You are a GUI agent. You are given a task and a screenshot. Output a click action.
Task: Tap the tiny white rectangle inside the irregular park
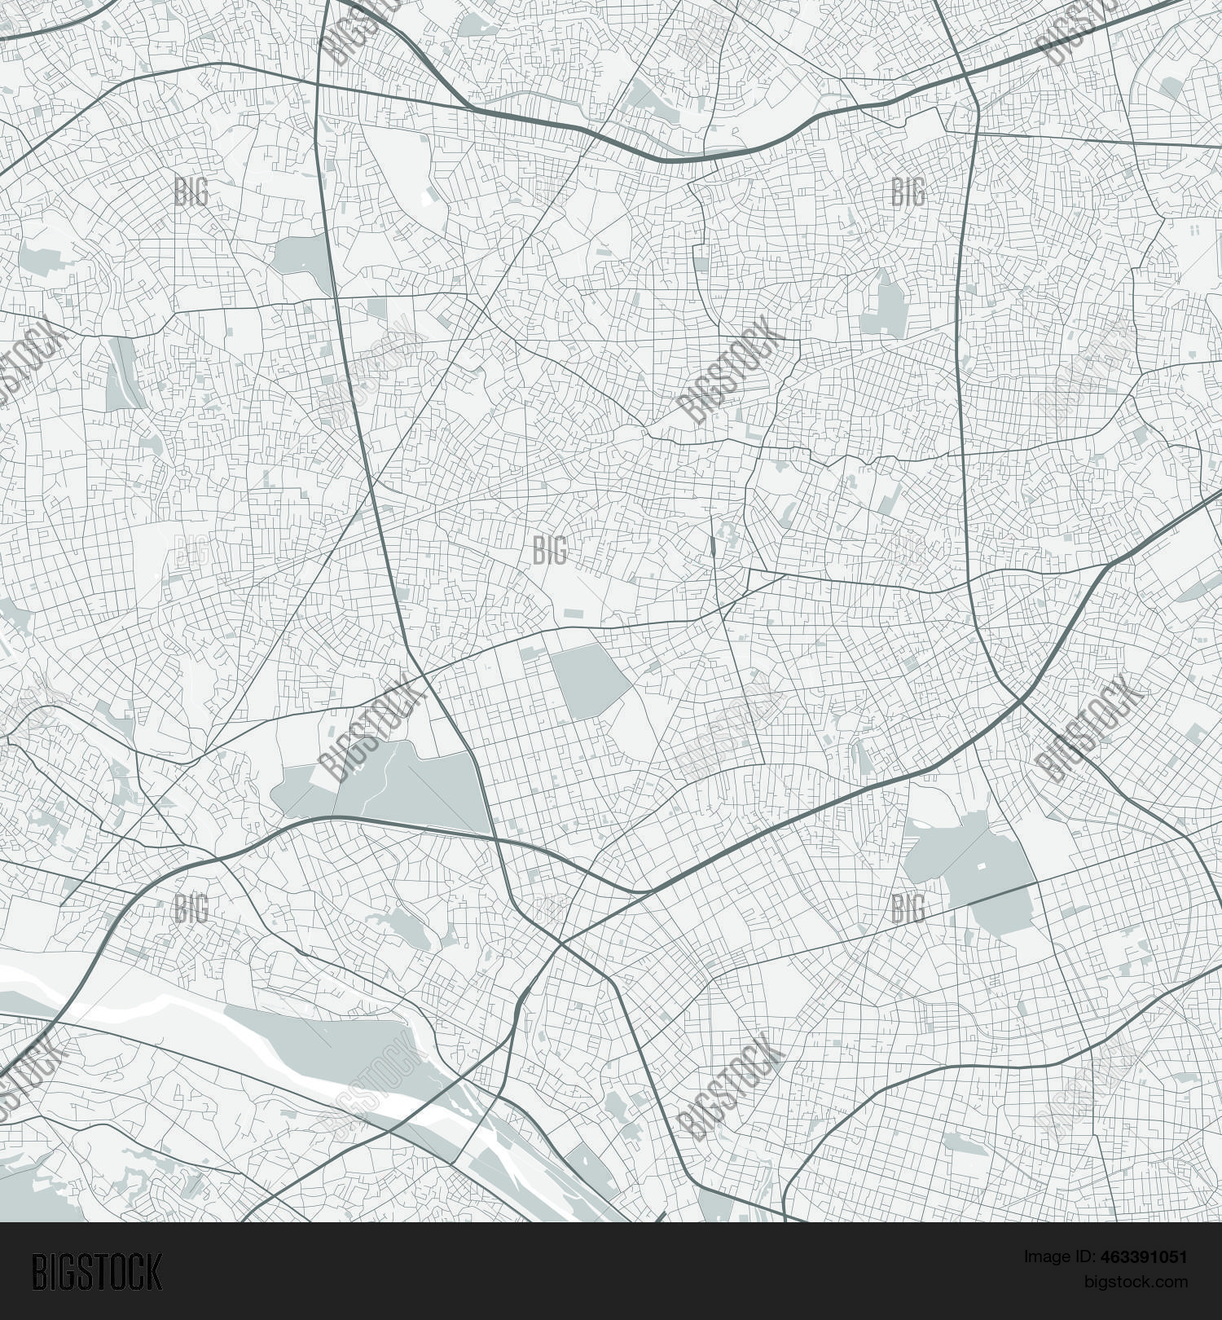point(981,863)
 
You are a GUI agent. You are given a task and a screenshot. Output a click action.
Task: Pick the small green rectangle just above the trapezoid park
point(530,653)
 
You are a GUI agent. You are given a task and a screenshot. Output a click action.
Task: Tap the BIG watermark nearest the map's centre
point(550,551)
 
